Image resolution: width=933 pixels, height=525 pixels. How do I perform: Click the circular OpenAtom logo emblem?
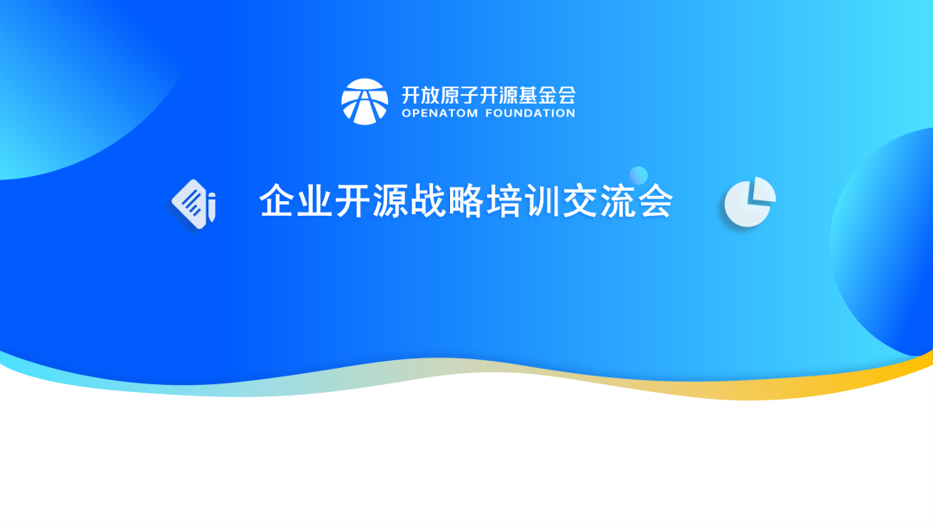[365, 101]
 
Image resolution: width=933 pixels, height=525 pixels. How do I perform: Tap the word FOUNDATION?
[534, 113]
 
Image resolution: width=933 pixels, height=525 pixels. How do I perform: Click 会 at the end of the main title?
[655, 201]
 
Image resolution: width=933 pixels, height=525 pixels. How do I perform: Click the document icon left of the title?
[192, 202]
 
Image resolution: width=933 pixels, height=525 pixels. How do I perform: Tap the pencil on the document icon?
[212, 208]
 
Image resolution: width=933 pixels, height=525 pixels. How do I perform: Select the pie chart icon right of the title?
[747, 204]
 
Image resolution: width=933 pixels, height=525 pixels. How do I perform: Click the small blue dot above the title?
[638, 175]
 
